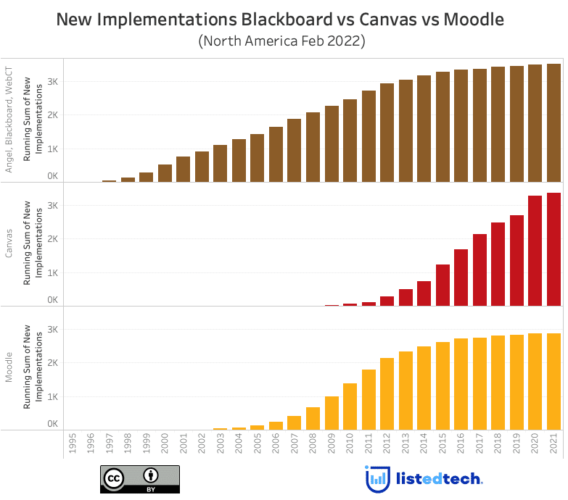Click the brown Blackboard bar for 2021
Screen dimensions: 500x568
(x=553, y=122)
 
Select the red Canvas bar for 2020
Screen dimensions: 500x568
(x=535, y=251)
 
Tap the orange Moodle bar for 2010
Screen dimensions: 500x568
(x=350, y=407)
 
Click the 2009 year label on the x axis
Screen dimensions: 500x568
(x=332, y=445)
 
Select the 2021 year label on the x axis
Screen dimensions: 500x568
(x=553, y=445)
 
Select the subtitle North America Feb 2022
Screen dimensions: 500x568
(x=281, y=41)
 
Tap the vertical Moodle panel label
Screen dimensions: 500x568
(x=9, y=367)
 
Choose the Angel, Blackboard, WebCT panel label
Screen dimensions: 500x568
(x=9, y=120)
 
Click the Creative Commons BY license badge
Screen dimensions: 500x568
(x=140, y=479)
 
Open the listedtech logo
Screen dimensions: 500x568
(x=424, y=479)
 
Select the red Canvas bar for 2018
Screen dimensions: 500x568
(x=498, y=264)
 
